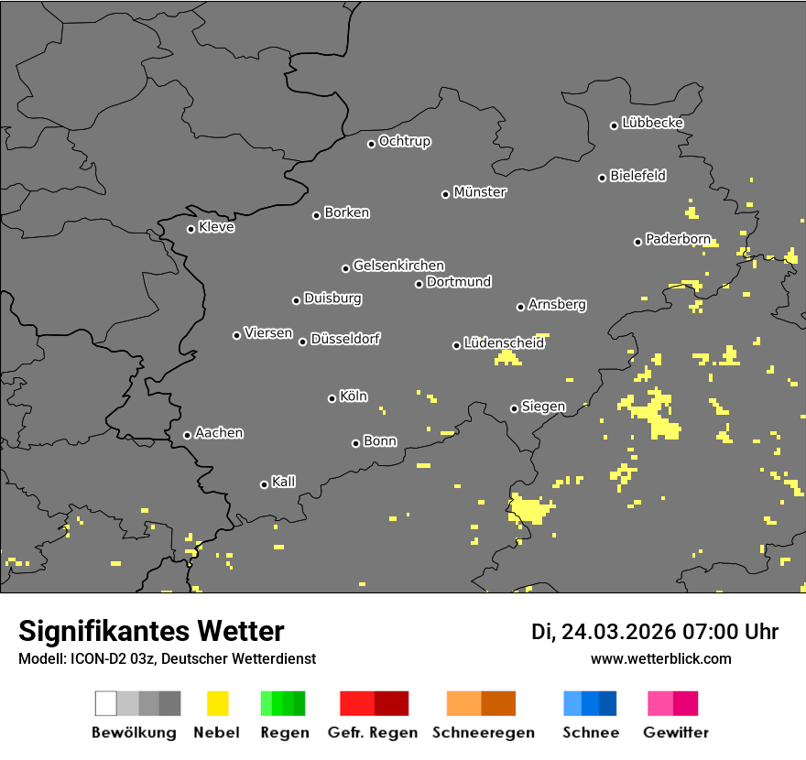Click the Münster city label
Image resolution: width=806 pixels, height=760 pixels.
tap(480, 192)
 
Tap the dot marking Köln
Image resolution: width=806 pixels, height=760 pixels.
tap(332, 398)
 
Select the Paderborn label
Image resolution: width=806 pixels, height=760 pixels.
tap(678, 239)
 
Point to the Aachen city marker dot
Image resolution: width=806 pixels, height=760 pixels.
tap(187, 435)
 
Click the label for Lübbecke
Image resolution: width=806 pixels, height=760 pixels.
tap(652, 123)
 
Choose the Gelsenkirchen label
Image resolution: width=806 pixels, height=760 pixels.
tap(398, 266)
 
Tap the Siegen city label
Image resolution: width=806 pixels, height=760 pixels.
tap(543, 406)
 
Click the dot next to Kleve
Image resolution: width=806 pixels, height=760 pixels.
tap(191, 229)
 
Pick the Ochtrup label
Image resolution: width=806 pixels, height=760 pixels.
tap(405, 141)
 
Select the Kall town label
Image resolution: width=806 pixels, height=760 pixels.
tap(284, 482)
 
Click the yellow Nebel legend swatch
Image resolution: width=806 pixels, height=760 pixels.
tap(217, 703)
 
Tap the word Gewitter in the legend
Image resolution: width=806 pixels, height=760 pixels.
tap(676, 733)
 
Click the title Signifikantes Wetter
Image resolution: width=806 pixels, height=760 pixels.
tap(151, 631)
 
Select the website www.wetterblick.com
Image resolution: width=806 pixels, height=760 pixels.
tap(660, 658)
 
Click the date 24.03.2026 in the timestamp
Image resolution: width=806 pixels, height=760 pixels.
tap(615, 632)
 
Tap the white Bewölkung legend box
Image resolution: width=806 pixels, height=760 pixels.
tap(105, 703)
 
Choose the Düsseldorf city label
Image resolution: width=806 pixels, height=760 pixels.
tap(345, 339)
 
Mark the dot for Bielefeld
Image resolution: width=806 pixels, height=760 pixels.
tap(602, 178)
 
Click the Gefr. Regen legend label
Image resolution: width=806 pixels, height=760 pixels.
tap(373, 733)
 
